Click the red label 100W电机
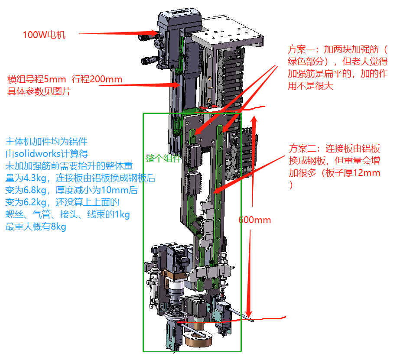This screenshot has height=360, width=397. point(44,35)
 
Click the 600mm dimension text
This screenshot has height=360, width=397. point(254,220)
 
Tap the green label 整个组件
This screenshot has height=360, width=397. point(163,159)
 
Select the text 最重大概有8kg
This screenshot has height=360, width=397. point(36,227)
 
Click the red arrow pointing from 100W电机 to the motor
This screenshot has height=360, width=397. point(117,33)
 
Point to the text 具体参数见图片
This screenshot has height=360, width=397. point(39,91)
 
